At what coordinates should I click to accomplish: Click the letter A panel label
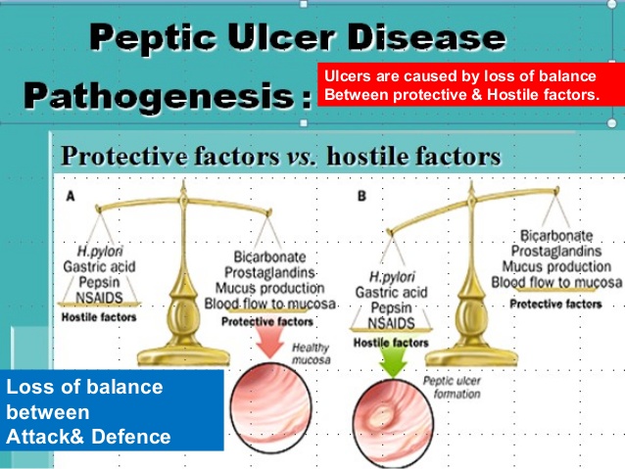[x=71, y=196]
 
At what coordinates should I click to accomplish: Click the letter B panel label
[x=361, y=196]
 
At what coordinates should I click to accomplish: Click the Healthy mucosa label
[x=312, y=353]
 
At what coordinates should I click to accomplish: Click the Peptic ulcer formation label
[x=451, y=388]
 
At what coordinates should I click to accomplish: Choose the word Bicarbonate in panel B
[x=556, y=235]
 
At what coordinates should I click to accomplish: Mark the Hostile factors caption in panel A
[x=98, y=316]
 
